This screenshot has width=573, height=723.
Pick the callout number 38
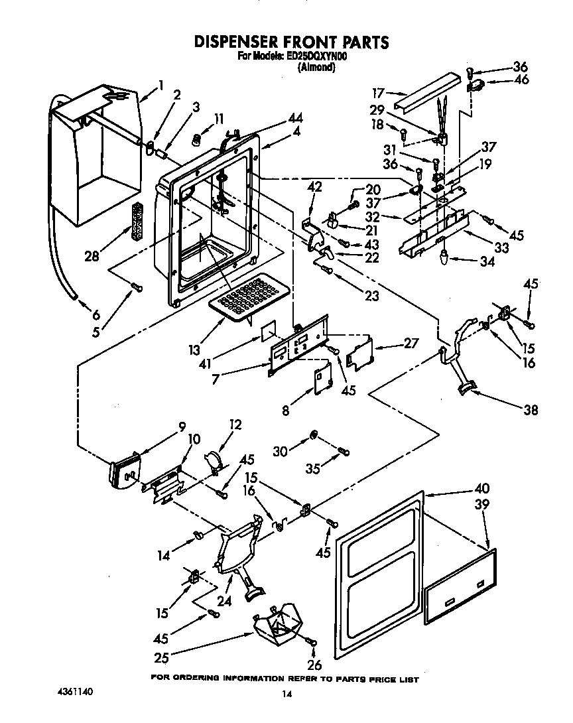coord(529,410)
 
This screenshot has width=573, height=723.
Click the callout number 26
coord(314,663)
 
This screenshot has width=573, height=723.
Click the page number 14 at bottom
coord(286,694)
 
